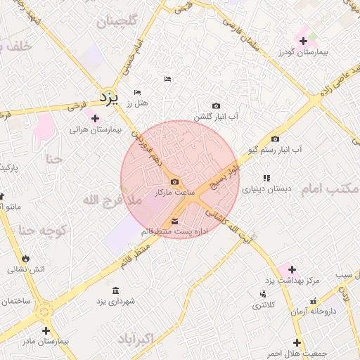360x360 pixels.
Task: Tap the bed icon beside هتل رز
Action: click(137, 93)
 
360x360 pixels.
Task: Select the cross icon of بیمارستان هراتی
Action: click(96, 118)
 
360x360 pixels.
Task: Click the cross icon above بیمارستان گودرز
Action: click(303, 41)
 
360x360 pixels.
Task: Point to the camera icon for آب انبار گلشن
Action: click(216, 105)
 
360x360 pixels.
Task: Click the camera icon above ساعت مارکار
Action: click(174, 181)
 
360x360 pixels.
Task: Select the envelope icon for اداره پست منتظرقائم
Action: click(174, 221)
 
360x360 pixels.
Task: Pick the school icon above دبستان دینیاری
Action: click(266, 179)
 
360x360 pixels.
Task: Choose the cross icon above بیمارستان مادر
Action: click(46, 330)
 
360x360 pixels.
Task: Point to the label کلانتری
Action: click(264, 305)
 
